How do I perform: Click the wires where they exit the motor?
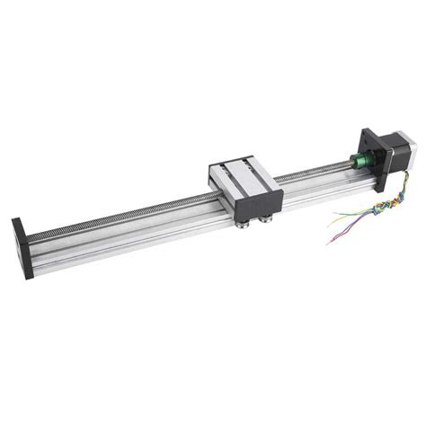tap(388, 185)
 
